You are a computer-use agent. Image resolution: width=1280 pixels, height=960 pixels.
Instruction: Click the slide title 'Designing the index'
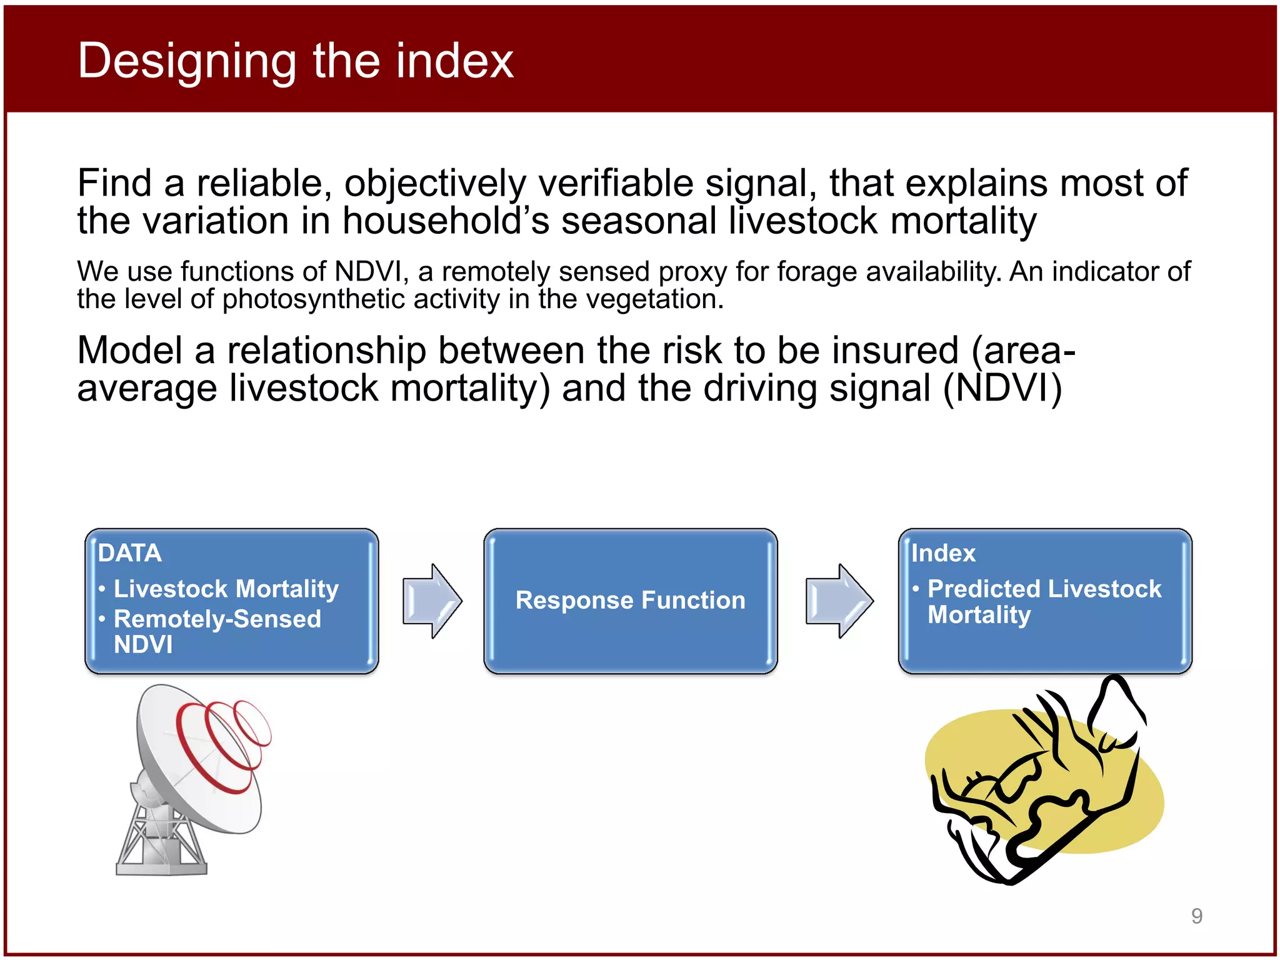pos(295,61)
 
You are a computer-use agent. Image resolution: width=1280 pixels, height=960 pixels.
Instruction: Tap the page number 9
pos(1196,916)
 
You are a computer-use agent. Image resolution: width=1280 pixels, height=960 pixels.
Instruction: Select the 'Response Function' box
pos(630,601)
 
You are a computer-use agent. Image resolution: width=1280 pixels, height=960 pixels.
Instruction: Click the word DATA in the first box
pos(130,553)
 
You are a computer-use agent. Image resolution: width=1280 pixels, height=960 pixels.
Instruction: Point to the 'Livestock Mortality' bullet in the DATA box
pos(226,589)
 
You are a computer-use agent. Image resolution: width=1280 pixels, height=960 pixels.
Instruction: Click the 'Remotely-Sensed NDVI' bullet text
pos(217,631)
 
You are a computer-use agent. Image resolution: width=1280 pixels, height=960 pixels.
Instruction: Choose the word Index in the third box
pos(942,553)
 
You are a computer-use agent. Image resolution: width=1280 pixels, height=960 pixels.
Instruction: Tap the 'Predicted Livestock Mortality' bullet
pos(1044,601)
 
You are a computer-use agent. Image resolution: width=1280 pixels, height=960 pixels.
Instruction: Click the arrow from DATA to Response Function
pos(432,601)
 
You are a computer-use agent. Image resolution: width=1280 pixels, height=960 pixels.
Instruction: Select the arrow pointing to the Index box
pos(839,601)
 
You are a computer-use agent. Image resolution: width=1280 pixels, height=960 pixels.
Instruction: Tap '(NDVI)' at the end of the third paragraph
pos(1002,389)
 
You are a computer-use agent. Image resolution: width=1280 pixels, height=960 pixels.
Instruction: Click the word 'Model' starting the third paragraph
pos(129,351)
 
